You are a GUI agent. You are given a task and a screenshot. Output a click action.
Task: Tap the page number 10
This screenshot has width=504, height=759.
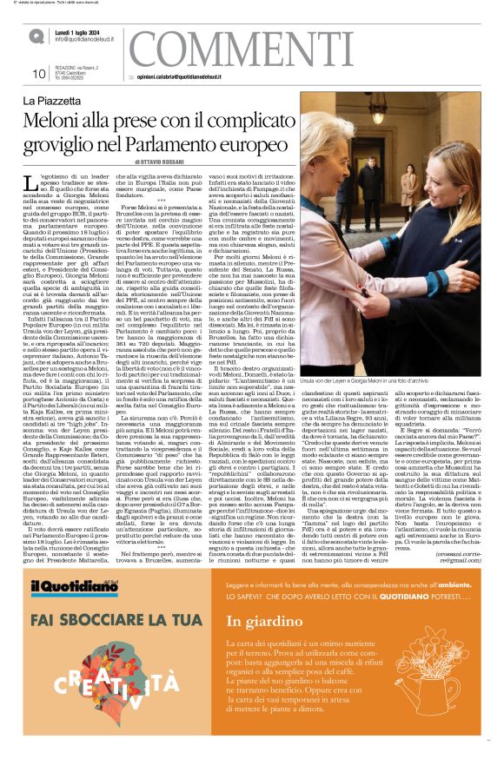coord(37,74)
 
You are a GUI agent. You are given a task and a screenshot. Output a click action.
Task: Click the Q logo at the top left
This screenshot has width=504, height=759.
coord(36,36)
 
